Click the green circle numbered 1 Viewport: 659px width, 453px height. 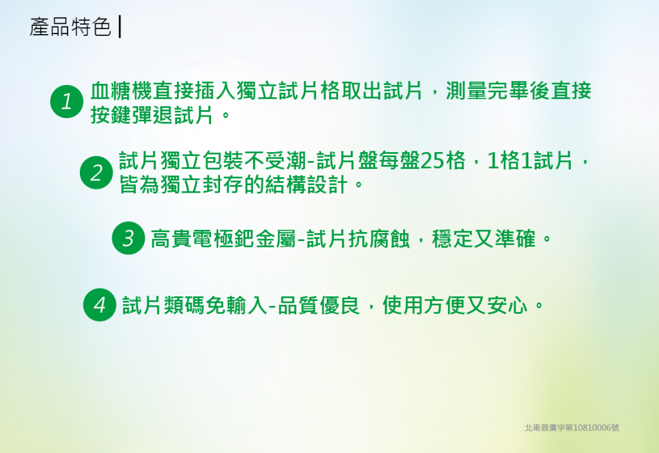pyautogui.click(x=66, y=101)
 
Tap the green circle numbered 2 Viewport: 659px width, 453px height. pyautogui.click(x=97, y=173)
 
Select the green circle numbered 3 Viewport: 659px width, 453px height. pyautogui.click(x=128, y=238)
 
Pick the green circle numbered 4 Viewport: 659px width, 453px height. pyautogui.click(x=100, y=305)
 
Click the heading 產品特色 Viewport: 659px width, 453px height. pyautogui.click(x=70, y=27)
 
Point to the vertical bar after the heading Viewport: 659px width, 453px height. pyautogui.click(x=120, y=27)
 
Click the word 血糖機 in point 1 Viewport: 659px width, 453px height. pyautogui.click(x=122, y=90)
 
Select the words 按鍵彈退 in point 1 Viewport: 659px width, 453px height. pyautogui.click(x=131, y=115)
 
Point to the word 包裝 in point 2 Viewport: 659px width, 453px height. pyautogui.click(x=223, y=160)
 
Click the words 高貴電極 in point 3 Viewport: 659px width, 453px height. pyautogui.click(x=192, y=238)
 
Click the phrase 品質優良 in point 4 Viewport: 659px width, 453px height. pyautogui.click(x=319, y=305)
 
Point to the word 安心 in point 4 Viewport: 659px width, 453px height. pyautogui.click(x=507, y=305)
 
